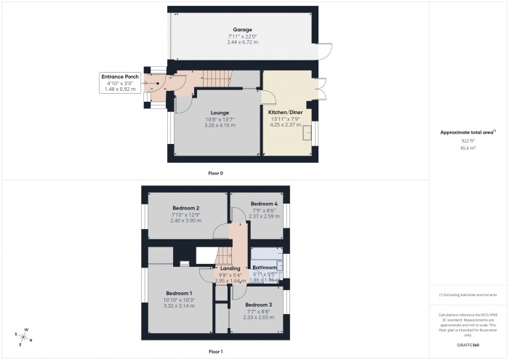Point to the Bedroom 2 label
pos(185,208)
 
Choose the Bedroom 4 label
pos(264,203)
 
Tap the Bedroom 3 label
pos(258,304)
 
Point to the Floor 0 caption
pos(215,173)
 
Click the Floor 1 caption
pos(215,351)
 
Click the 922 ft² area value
pos(468,140)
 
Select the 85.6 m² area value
pos(468,148)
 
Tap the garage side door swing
pos(325,52)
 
